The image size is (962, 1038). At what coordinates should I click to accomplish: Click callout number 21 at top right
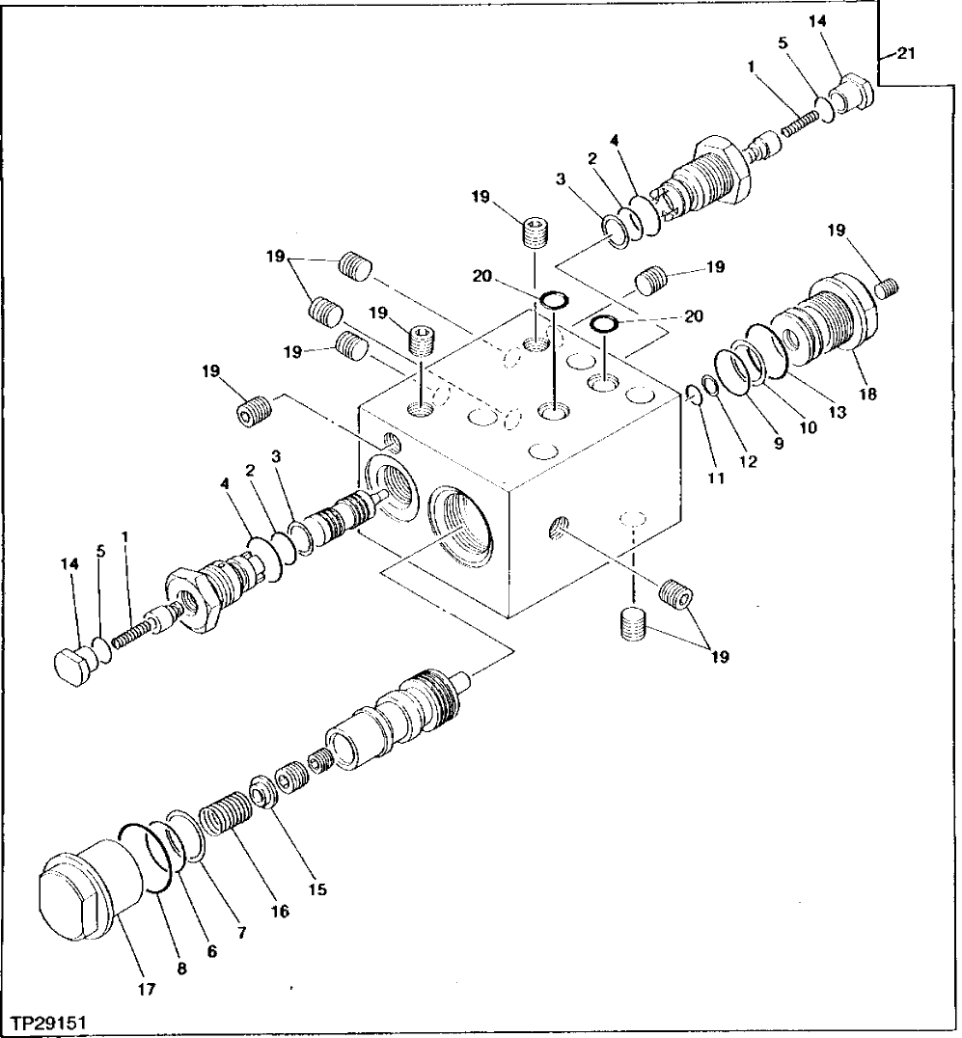coord(905,55)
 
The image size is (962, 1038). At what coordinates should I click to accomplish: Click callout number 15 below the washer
coord(317,889)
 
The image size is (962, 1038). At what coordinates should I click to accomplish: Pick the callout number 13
coord(836,412)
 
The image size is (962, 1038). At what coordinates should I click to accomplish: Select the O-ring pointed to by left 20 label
coord(552,301)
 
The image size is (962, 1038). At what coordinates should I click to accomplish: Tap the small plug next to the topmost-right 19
coord(889,286)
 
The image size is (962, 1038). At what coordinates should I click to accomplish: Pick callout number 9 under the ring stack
coord(778,445)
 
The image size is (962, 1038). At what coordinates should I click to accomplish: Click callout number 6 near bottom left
coord(212,950)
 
